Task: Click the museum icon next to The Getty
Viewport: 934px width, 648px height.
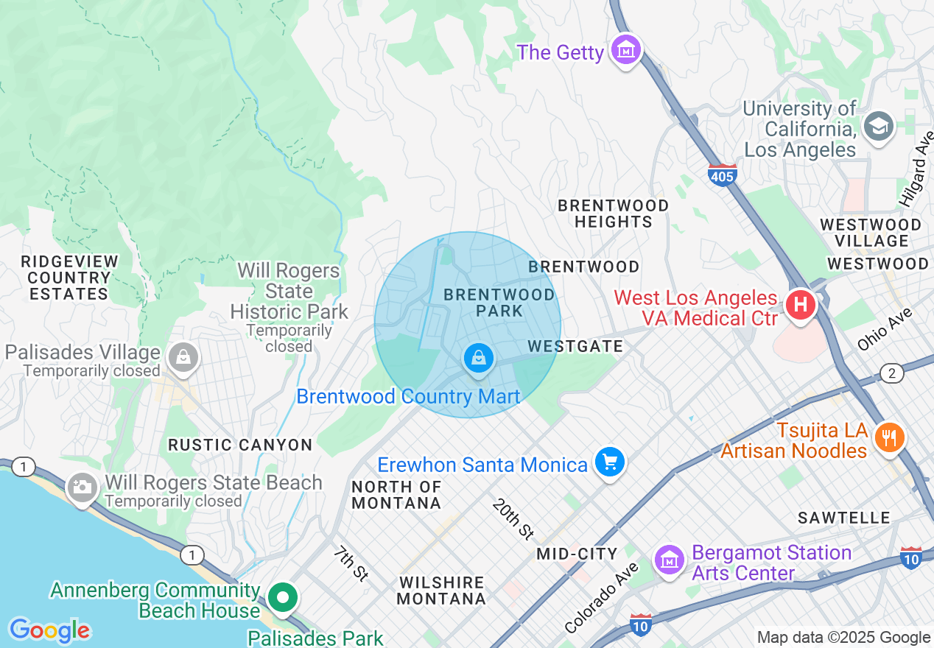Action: click(x=626, y=50)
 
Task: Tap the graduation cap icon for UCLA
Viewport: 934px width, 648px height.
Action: click(x=878, y=127)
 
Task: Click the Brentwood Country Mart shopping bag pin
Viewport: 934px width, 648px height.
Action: click(x=478, y=359)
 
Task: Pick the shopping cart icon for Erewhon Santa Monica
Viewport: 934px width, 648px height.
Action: click(x=610, y=462)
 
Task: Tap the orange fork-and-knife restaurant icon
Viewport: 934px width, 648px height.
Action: click(x=890, y=438)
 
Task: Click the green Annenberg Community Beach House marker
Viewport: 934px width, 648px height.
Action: click(x=281, y=597)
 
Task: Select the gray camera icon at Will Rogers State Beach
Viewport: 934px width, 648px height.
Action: click(x=82, y=487)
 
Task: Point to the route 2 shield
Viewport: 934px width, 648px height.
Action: click(x=891, y=373)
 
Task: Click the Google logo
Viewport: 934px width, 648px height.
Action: click(x=50, y=630)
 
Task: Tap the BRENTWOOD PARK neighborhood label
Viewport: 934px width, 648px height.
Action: click(x=499, y=303)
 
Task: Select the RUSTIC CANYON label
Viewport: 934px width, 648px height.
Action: click(x=240, y=445)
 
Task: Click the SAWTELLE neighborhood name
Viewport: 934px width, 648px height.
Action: click(x=843, y=518)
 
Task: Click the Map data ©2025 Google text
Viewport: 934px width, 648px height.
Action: click(x=843, y=638)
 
